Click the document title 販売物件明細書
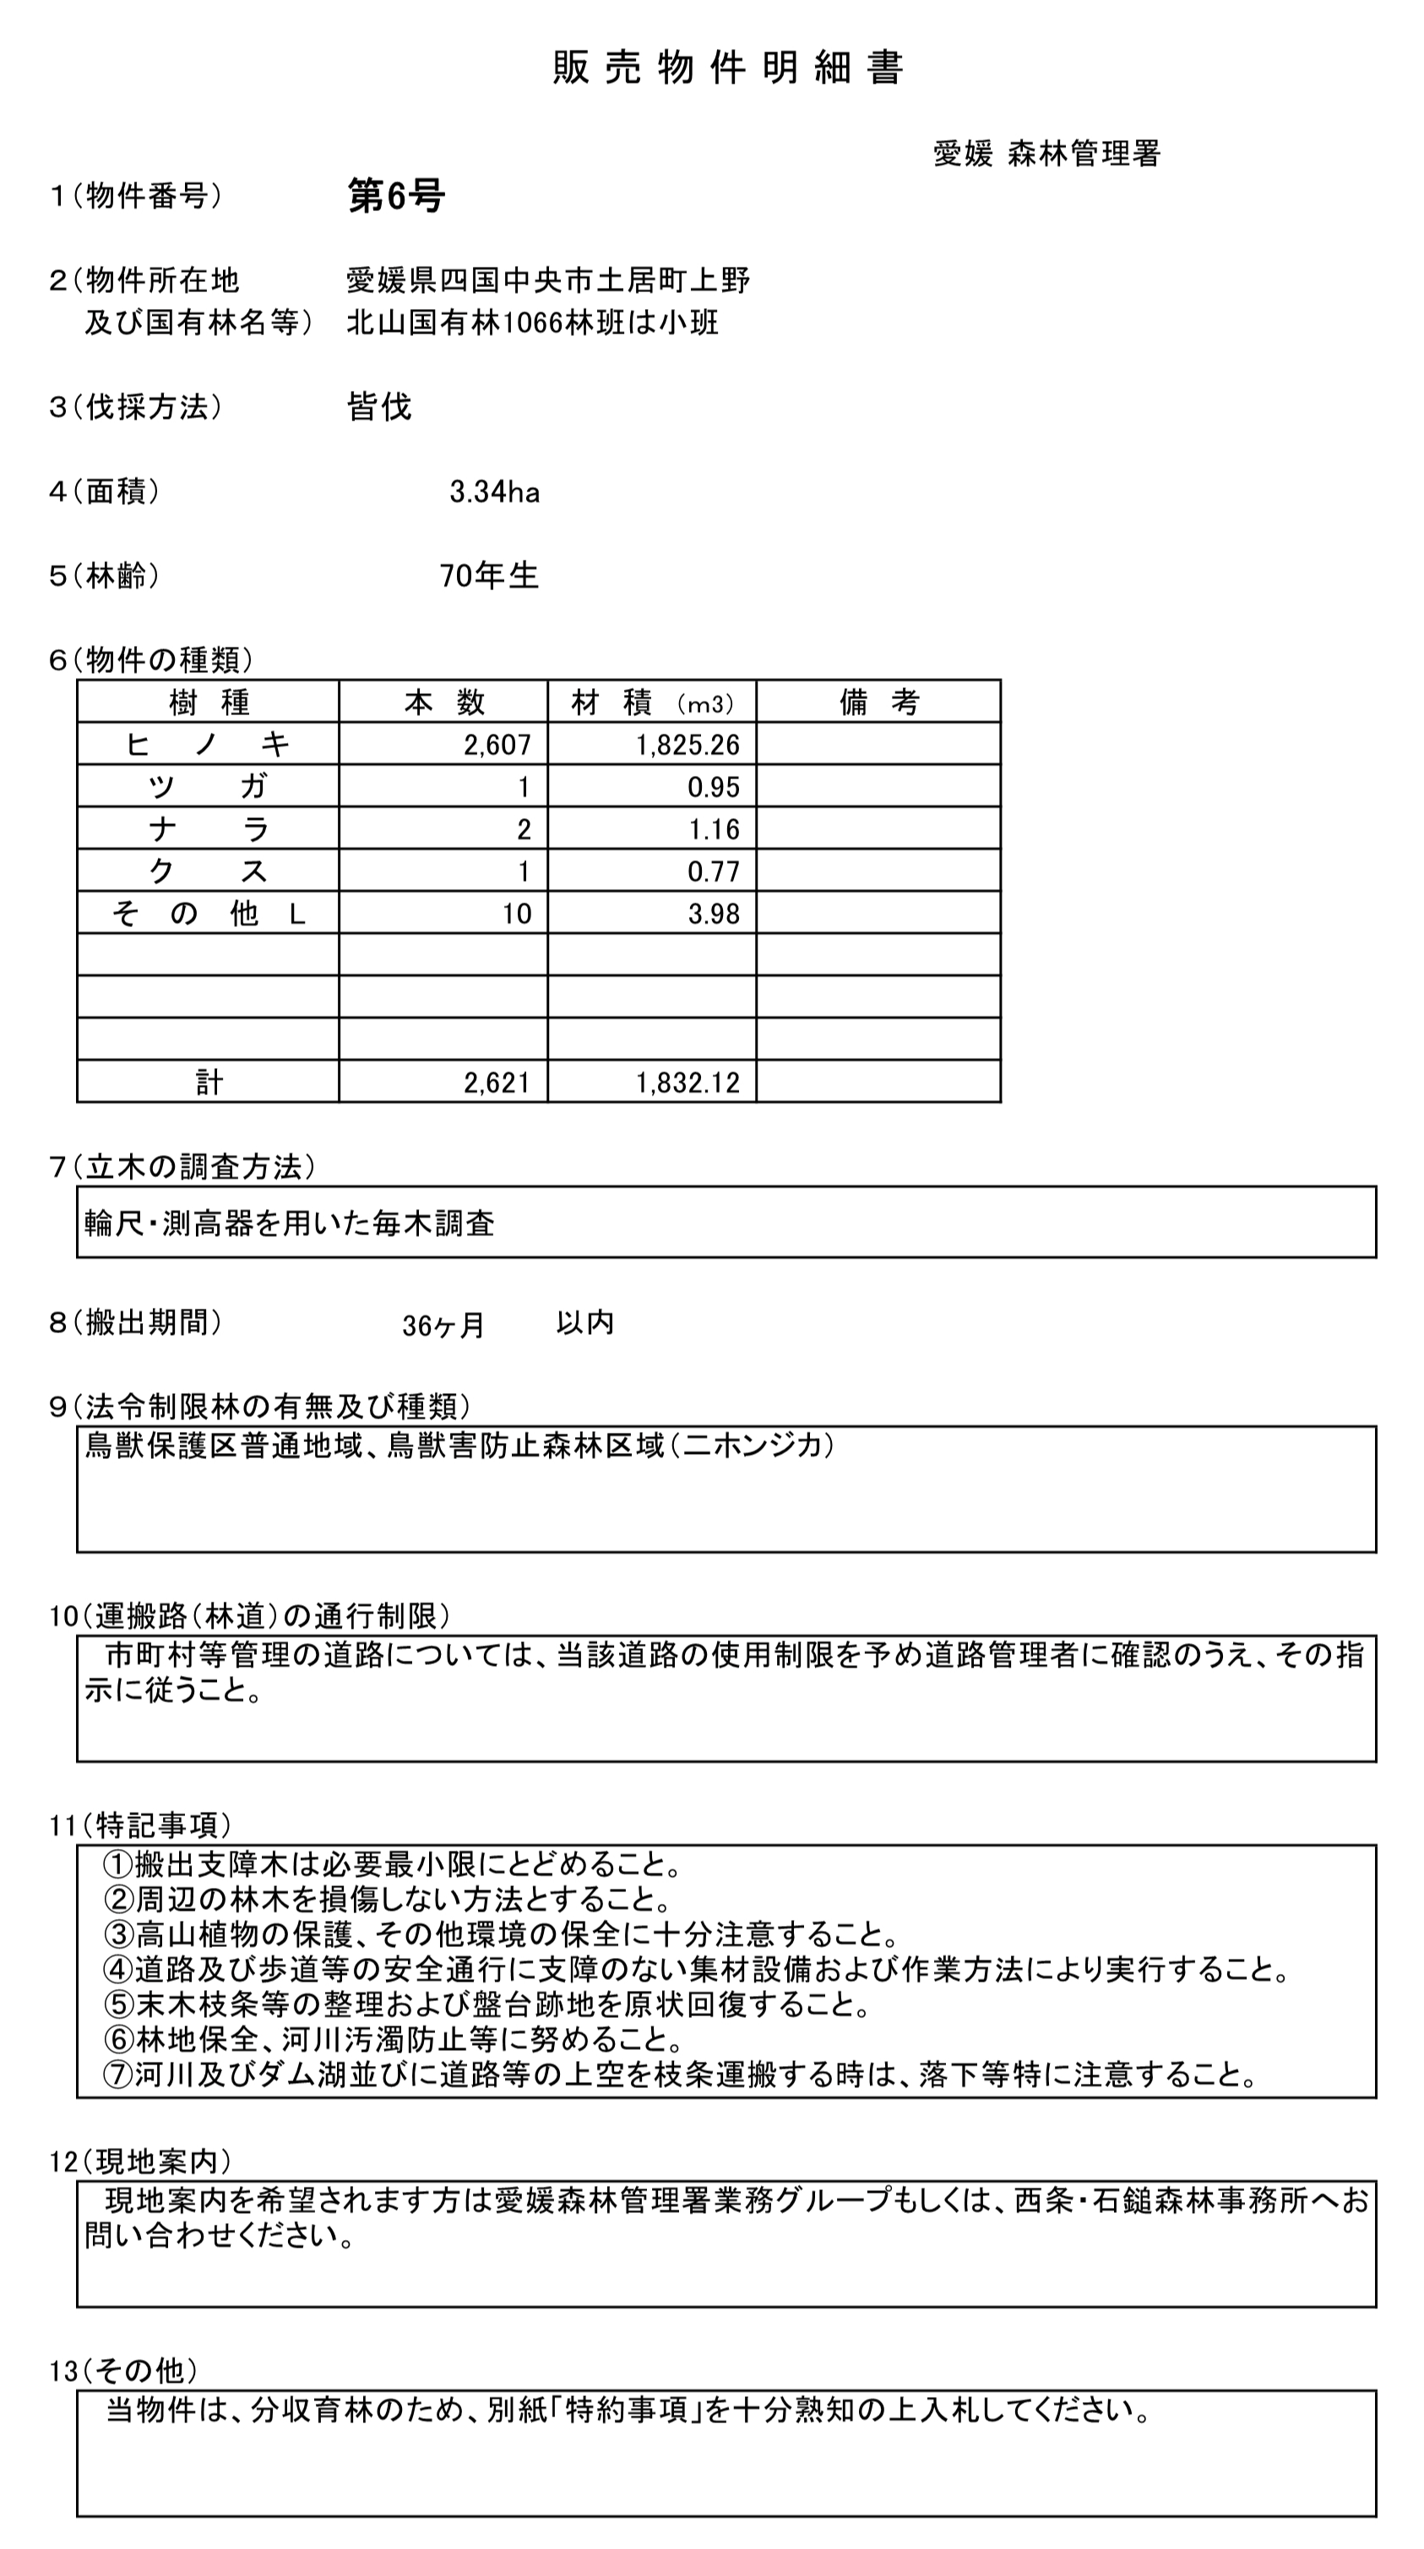pos(727,68)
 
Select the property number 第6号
pos(396,196)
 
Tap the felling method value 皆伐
pos(378,407)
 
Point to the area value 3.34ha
pos(494,491)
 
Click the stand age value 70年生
pos(489,576)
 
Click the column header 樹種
pos(209,702)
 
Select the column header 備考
pos(878,702)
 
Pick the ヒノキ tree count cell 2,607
pos(497,745)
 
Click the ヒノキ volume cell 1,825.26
pos(687,745)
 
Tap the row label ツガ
pos(209,788)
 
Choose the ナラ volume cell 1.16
pos(714,829)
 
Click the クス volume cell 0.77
pos(714,872)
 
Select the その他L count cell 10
pos(517,914)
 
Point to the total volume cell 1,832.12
pos(687,1082)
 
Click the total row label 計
pos(209,1082)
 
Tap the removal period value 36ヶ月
pos(443,1325)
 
